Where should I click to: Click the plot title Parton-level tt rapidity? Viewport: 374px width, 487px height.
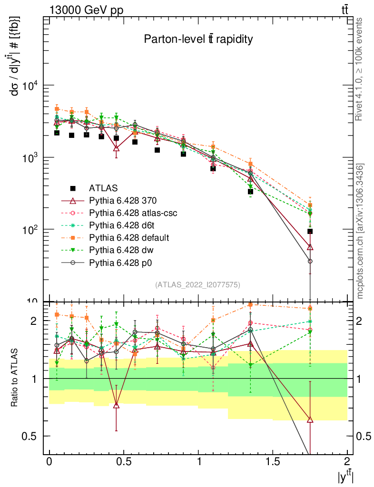point(198,39)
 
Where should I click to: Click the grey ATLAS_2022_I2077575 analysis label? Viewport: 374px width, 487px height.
point(197,285)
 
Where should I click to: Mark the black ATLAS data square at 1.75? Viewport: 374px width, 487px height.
point(310,232)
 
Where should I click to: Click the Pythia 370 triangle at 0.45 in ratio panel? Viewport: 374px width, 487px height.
point(117,405)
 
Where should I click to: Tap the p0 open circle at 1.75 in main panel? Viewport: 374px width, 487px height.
point(310,261)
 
